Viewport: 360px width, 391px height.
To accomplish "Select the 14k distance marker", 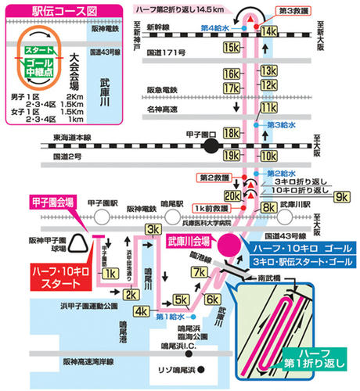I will pyautogui.click(x=268, y=30).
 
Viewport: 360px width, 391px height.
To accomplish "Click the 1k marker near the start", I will pyautogui.click(x=110, y=273).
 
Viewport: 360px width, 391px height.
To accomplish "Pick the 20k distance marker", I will pyautogui.click(x=232, y=195).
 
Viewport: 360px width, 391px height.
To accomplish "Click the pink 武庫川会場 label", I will pyautogui.click(x=192, y=239).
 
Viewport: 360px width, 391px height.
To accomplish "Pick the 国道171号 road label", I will pyautogui.click(x=164, y=53).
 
